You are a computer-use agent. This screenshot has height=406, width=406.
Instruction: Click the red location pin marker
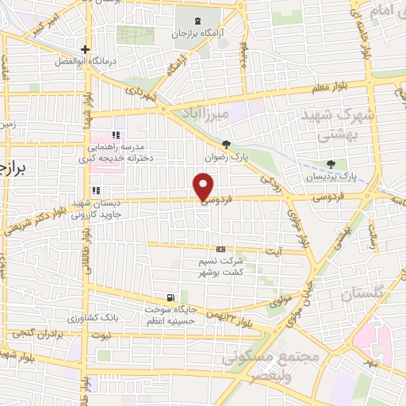pos(204,186)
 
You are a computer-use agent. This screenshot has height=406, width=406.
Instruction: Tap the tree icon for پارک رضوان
pos(228,144)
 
